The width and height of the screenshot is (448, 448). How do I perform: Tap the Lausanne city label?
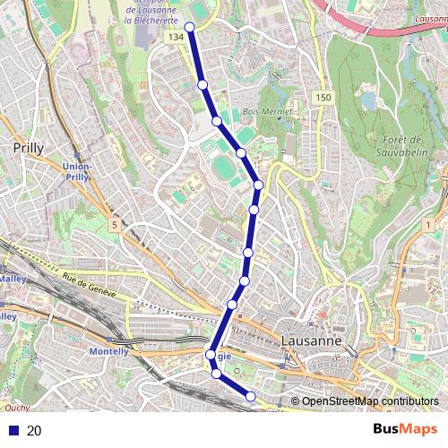(x=311, y=341)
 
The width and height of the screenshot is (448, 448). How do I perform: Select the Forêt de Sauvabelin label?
(x=401, y=146)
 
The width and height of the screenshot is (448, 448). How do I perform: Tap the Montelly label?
(x=109, y=352)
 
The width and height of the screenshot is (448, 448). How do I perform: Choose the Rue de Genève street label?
(x=90, y=285)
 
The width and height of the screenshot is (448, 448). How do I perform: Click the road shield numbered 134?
(x=176, y=37)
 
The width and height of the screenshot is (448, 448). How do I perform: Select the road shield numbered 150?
(x=323, y=97)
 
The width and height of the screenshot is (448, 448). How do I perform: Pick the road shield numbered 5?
(x=114, y=224)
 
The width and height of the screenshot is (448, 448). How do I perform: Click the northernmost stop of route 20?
(x=191, y=28)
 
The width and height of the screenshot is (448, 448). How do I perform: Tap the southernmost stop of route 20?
(x=251, y=396)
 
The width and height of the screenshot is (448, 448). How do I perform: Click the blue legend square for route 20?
(x=13, y=431)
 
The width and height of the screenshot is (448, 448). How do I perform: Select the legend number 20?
(x=34, y=431)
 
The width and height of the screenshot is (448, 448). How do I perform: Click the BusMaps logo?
(x=405, y=429)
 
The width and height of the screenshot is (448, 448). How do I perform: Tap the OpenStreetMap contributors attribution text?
(x=368, y=401)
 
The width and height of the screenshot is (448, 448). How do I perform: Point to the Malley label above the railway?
(x=13, y=279)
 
